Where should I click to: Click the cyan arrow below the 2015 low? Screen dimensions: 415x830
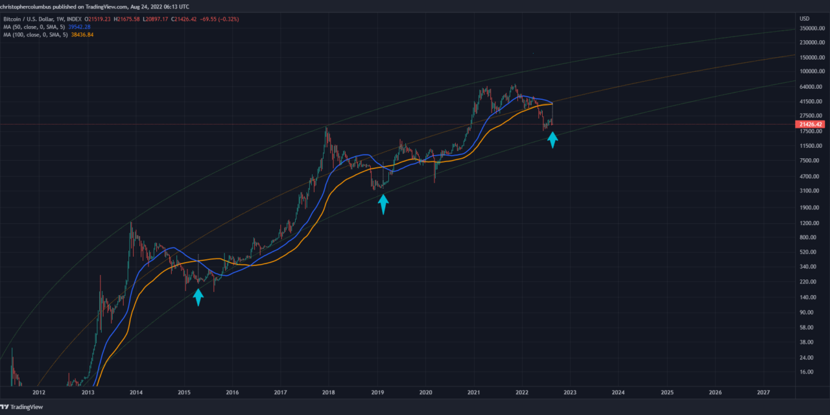tap(198, 297)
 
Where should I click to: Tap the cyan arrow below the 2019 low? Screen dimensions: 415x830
tap(383, 205)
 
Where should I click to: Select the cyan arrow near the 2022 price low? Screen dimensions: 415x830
tap(552, 139)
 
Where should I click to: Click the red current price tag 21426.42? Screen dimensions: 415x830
tap(811, 124)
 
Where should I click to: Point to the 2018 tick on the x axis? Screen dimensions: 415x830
tap(329, 392)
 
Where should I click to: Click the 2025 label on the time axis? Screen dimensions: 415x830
tap(667, 392)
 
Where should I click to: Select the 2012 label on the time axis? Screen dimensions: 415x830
tap(39, 392)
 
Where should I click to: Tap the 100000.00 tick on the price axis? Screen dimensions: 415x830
tap(811, 71)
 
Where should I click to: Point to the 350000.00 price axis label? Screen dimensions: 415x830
tap(811, 29)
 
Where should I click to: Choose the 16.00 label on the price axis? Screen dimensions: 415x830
tap(806, 372)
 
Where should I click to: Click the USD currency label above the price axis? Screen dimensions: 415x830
tap(805, 18)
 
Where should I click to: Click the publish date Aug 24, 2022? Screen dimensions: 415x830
tap(134, 5)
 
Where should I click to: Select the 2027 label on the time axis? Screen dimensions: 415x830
tap(764, 392)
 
